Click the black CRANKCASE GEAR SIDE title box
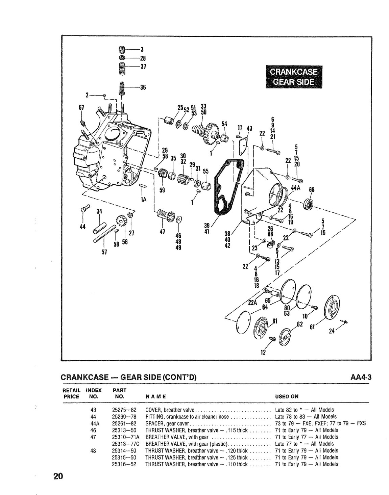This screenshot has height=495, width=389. tap(294, 77)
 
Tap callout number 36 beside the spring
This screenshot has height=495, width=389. tap(143, 87)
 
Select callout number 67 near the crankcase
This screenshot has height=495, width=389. tap(81, 107)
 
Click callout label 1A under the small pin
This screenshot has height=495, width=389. tap(143, 200)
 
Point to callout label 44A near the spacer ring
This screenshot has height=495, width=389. tap(296, 188)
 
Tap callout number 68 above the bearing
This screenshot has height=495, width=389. tap(312, 189)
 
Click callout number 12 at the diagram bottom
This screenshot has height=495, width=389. tap(263, 353)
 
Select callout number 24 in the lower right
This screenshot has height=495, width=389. tap(332, 331)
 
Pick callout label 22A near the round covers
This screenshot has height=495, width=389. tap(252, 303)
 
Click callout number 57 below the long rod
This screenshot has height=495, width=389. tap(104, 252)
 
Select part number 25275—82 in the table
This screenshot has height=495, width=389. tap(124, 410)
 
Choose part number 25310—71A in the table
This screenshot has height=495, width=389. tap(126, 437)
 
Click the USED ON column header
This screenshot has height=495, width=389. tap(287, 396)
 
